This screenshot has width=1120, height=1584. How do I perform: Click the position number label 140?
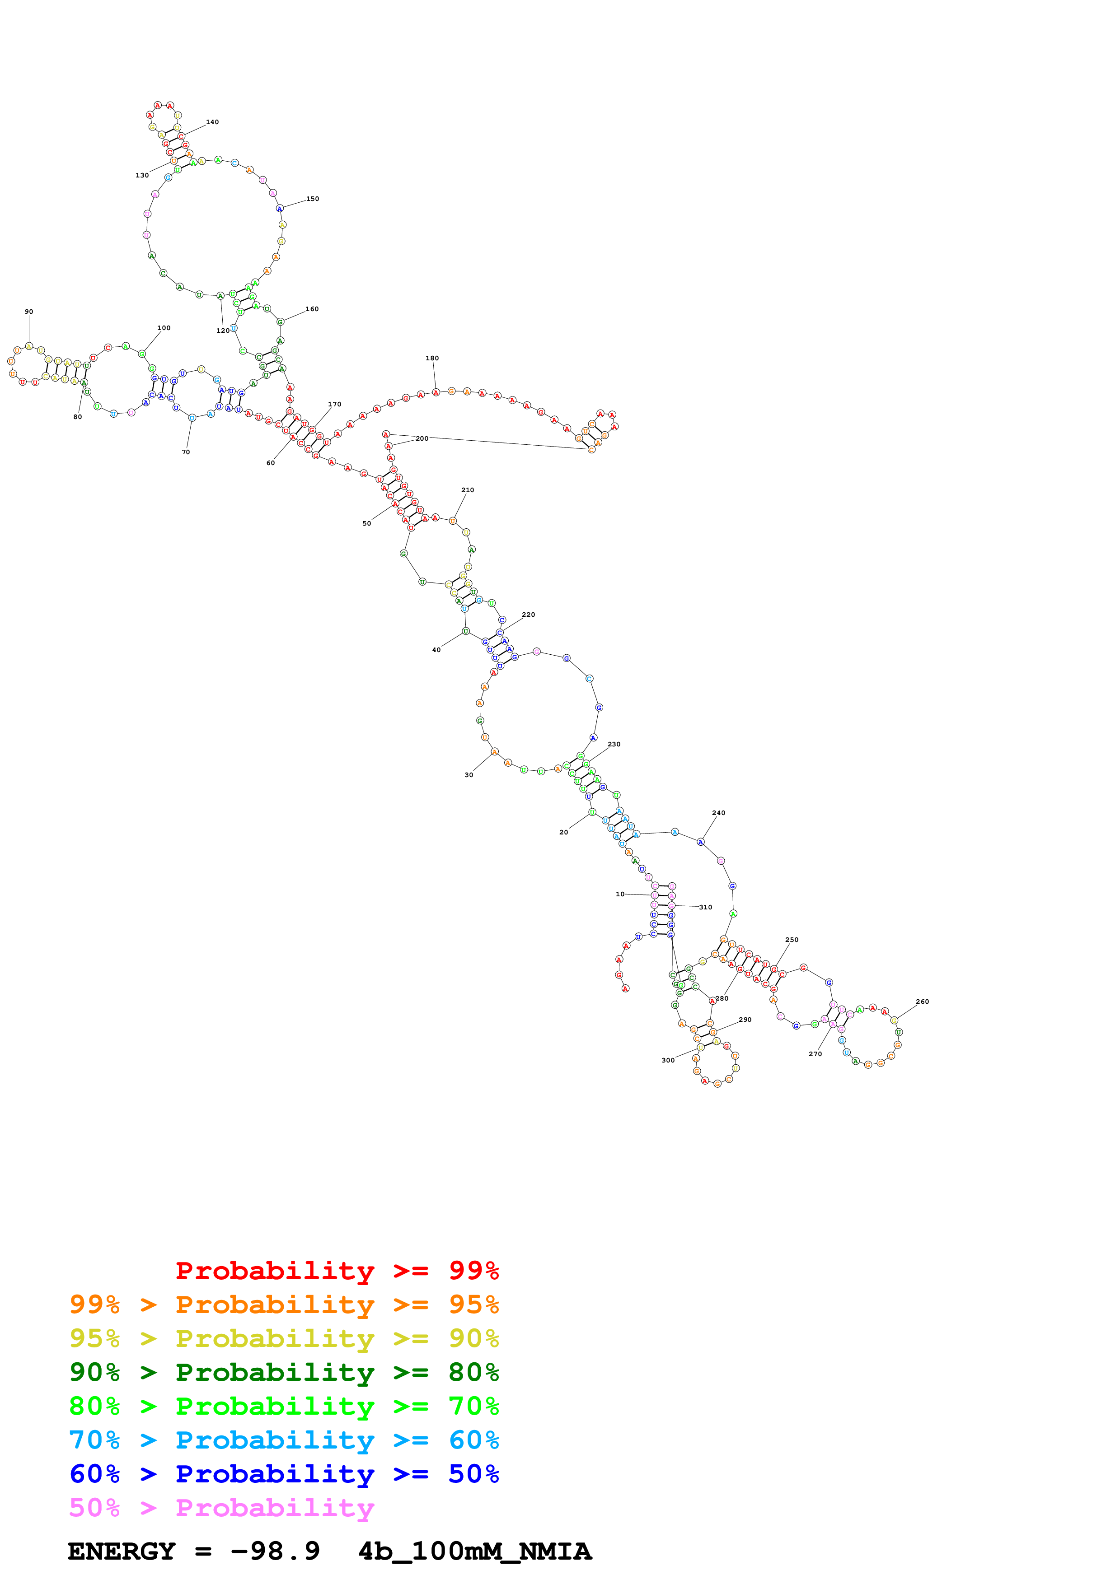[x=212, y=122]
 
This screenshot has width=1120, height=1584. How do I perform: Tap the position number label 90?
[x=29, y=312]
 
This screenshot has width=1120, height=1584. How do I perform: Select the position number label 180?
[x=432, y=358]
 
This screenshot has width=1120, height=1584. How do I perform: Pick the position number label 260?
[x=922, y=1002]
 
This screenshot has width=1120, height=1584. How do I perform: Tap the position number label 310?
[x=705, y=907]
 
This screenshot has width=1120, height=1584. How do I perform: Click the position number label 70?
[x=186, y=452]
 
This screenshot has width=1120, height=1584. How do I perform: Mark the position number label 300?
[x=668, y=1060]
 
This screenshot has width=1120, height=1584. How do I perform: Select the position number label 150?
[x=313, y=199]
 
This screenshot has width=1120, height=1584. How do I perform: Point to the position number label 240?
[x=718, y=813]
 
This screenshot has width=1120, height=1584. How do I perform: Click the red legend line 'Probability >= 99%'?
[x=337, y=1271]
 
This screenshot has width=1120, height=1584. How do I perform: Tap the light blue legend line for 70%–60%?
[x=284, y=1440]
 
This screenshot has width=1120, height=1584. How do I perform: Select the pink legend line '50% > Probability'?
[x=221, y=1508]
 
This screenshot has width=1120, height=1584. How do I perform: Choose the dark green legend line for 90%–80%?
[x=284, y=1372]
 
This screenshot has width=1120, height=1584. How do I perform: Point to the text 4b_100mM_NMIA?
[x=475, y=1551]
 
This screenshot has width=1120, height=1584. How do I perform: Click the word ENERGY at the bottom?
[x=122, y=1551]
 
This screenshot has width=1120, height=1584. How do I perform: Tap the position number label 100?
[x=164, y=328]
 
